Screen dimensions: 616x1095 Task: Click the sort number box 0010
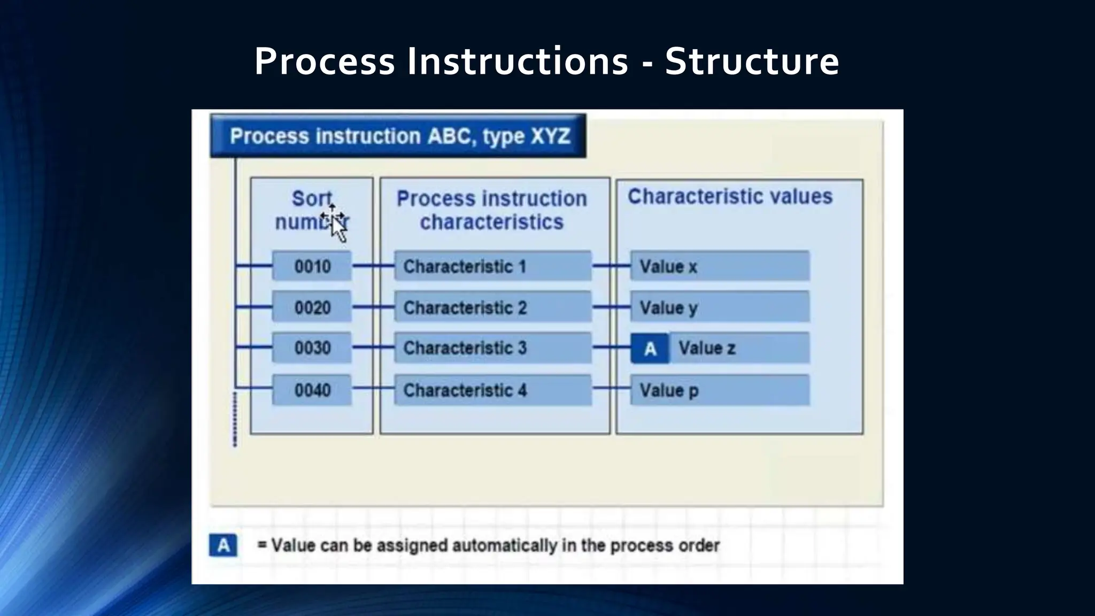coord(312,266)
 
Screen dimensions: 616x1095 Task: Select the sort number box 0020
coord(312,307)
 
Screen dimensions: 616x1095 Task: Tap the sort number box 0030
coord(312,348)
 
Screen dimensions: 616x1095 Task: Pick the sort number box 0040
coord(312,390)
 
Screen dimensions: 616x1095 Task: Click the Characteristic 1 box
coord(492,266)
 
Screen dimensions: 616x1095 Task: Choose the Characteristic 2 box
coord(492,307)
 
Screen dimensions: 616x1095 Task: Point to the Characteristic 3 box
coord(492,348)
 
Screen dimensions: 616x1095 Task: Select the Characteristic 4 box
coord(492,390)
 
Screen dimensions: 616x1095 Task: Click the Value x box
coord(720,266)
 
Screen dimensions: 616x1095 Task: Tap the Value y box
coord(720,307)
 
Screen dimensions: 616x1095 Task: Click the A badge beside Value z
coord(650,349)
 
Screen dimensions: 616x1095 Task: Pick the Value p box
coord(720,390)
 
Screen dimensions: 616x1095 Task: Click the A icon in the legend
coord(223,545)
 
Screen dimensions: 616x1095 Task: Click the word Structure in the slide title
coord(752,61)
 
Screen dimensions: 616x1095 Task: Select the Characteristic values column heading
coord(730,197)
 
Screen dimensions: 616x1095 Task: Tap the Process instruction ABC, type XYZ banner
coord(398,136)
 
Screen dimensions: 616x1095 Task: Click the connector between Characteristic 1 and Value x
coord(611,266)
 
